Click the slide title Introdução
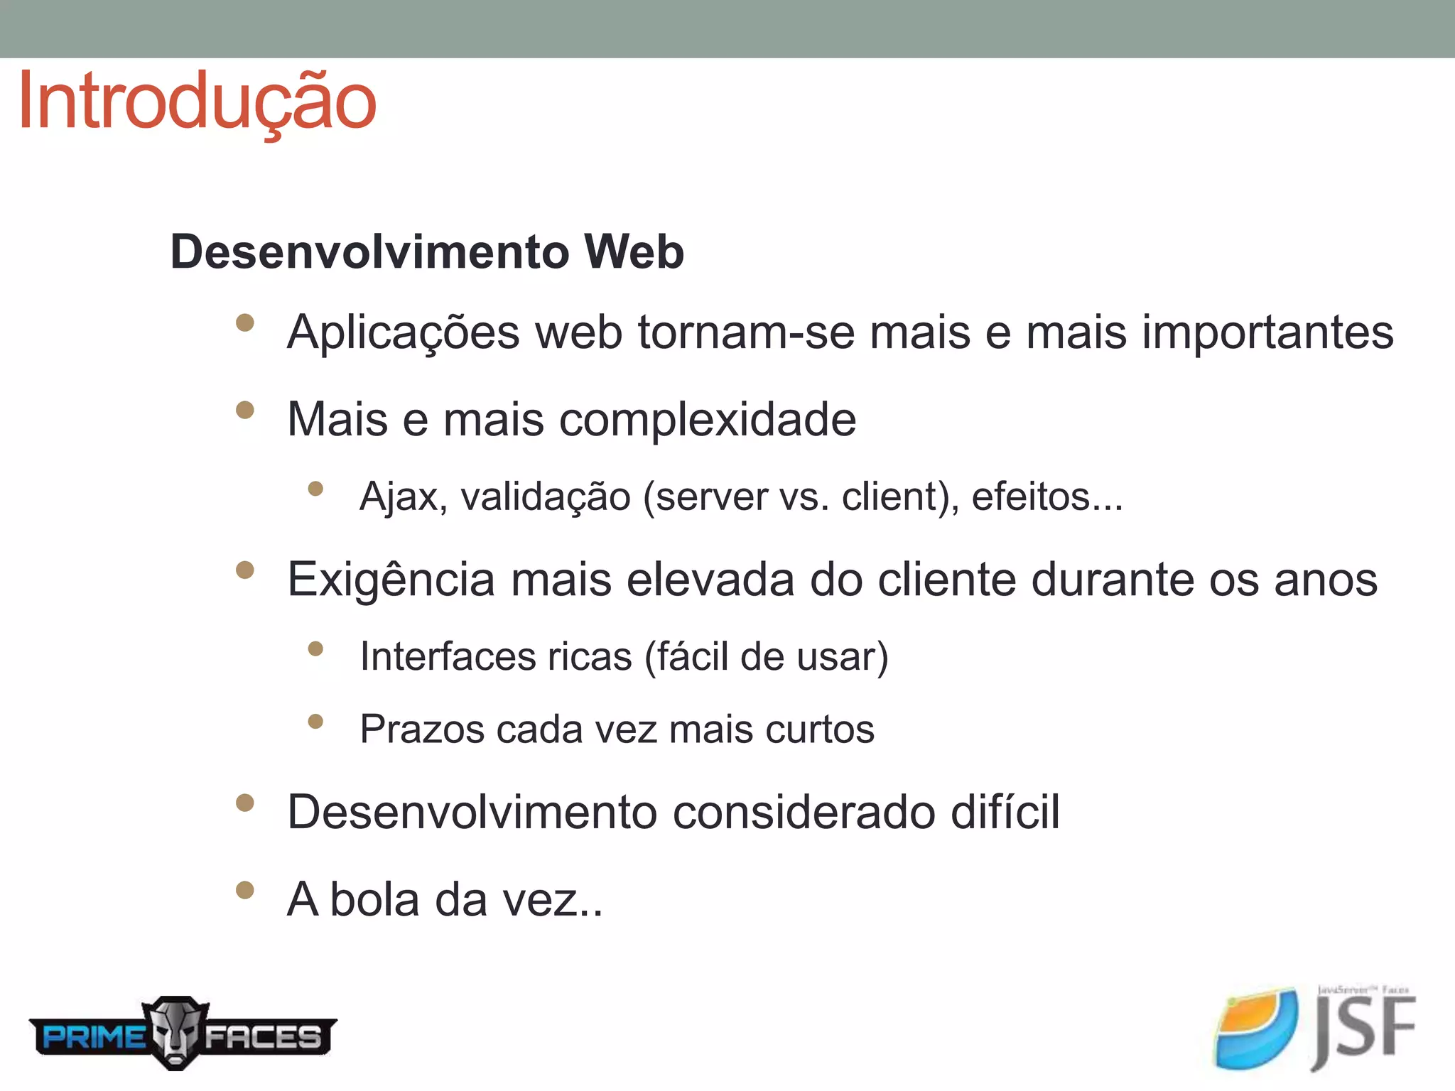[x=197, y=102]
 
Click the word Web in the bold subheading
[x=634, y=251]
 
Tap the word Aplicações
[x=403, y=332]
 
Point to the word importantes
[x=1267, y=332]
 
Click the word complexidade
[x=708, y=419]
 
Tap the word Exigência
[x=391, y=580]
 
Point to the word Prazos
[x=422, y=729]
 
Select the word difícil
[x=1005, y=811]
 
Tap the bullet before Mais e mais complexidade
[x=245, y=410]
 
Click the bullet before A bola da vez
[x=245, y=890]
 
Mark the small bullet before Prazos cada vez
[x=315, y=722]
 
